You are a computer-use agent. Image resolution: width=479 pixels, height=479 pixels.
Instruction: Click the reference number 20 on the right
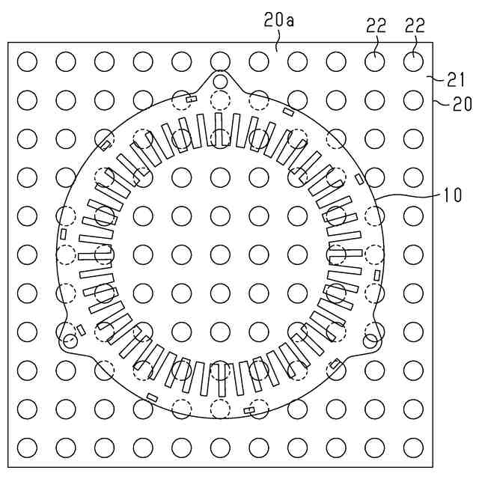point(462,104)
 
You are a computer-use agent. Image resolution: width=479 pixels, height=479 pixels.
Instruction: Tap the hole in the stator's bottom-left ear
point(70,341)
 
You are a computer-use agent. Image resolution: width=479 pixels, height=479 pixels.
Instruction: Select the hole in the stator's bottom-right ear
point(369,341)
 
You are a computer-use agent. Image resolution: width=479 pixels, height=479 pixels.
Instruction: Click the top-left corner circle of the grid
point(28,61)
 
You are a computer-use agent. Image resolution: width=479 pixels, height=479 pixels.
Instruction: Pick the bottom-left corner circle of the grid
point(28,447)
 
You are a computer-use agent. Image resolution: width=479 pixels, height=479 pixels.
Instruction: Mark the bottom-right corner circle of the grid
point(413,447)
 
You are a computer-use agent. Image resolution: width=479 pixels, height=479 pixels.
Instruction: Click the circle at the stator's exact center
point(220,254)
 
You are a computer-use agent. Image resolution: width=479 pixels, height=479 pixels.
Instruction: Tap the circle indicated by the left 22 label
point(374,61)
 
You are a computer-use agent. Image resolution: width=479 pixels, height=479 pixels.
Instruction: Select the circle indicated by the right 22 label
point(413,61)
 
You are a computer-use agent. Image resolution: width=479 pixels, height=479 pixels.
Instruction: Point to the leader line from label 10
point(412,195)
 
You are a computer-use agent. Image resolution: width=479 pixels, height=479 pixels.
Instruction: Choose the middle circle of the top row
point(220,61)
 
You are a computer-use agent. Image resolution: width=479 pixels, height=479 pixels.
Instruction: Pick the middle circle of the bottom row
point(220,447)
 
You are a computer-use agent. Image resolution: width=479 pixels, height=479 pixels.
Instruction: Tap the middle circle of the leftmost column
point(28,254)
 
